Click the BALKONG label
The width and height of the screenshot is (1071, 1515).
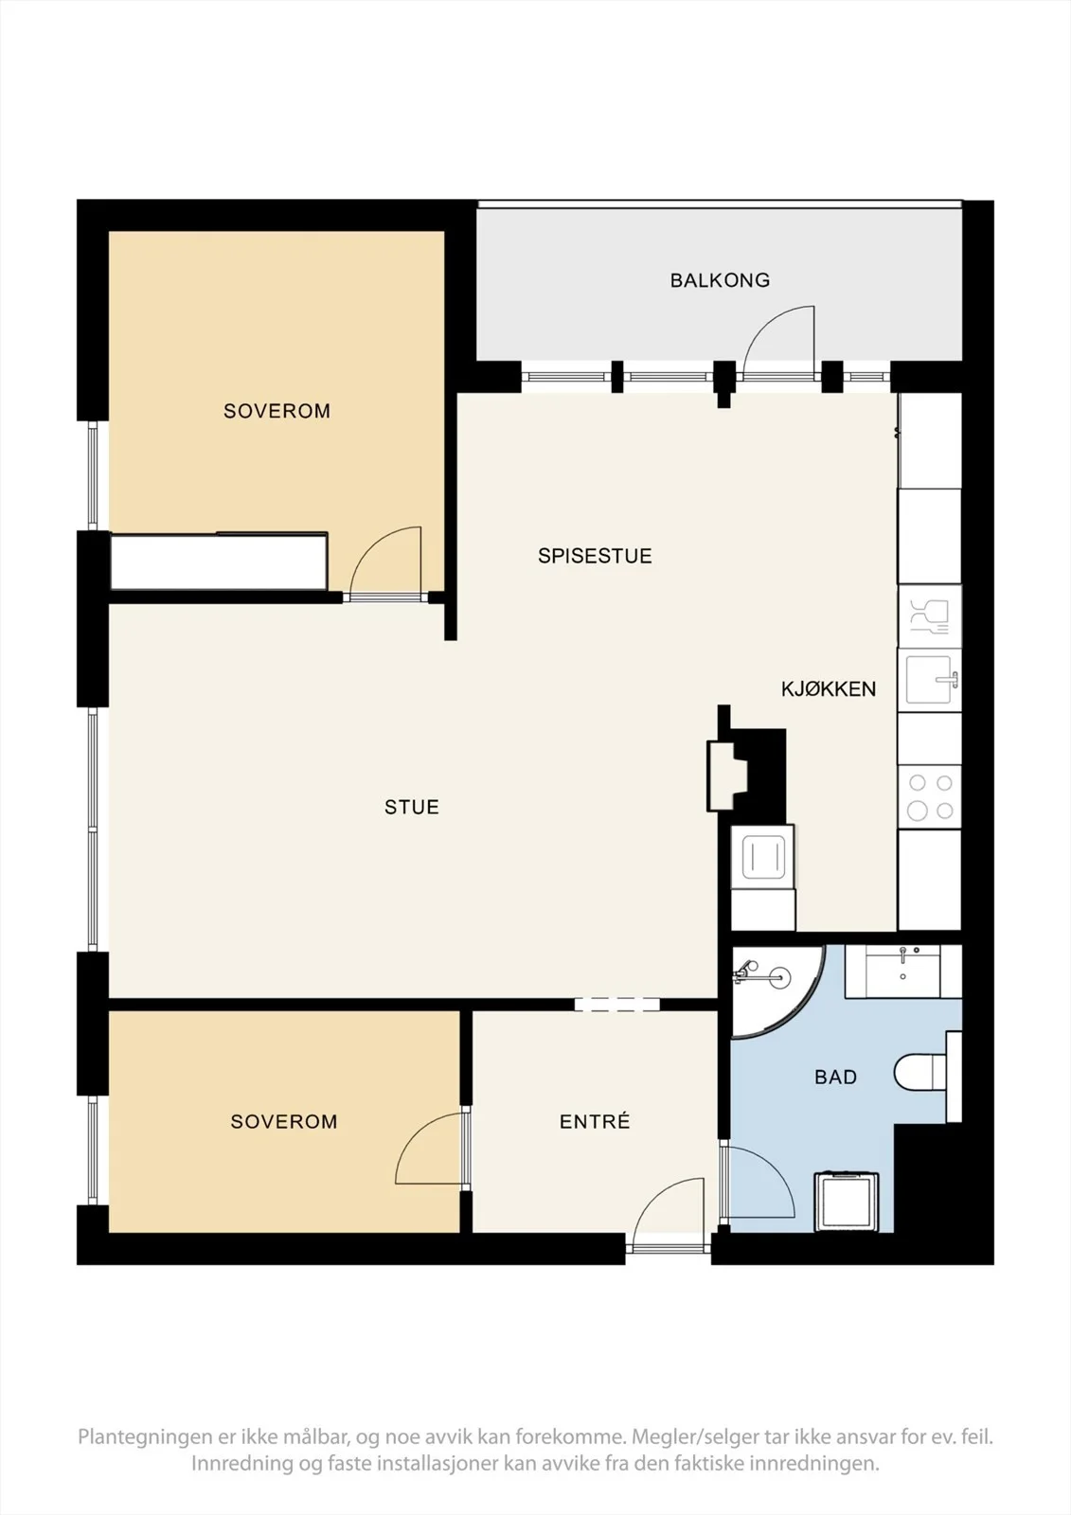(720, 280)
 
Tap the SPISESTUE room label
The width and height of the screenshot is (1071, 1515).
(595, 556)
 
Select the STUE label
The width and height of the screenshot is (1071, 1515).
(411, 807)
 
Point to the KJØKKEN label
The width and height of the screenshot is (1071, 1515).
(829, 689)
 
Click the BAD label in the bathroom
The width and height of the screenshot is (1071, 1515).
(835, 1077)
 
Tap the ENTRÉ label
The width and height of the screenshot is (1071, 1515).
(595, 1121)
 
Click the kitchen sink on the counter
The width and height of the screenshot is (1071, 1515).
(930, 680)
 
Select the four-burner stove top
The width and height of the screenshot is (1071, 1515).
(930, 796)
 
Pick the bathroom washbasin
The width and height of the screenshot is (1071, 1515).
(903, 971)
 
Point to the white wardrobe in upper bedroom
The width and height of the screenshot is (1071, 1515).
(219, 561)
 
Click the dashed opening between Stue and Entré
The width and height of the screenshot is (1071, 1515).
(617, 1005)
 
